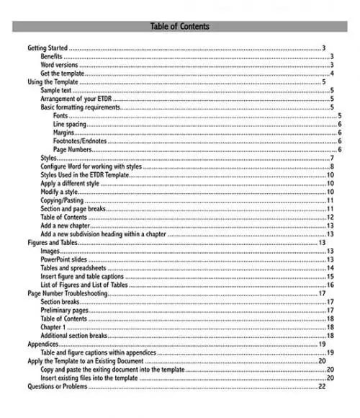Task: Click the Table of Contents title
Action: (x=180, y=27)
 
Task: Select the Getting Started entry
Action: (x=48, y=48)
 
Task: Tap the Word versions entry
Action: (x=60, y=65)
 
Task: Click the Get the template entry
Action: (x=63, y=74)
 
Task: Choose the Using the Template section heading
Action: (x=53, y=82)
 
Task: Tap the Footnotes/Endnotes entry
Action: (x=80, y=141)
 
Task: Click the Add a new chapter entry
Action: (x=66, y=226)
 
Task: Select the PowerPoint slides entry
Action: (x=67, y=259)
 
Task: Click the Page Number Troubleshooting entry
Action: (x=68, y=293)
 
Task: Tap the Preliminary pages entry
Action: (x=65, y=310)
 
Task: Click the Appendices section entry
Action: (x=42, y=344)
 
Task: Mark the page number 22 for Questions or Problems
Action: (x=322, y=386)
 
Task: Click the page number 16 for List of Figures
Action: (x=330, y=285)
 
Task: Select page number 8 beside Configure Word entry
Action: (x=332, y=166)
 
